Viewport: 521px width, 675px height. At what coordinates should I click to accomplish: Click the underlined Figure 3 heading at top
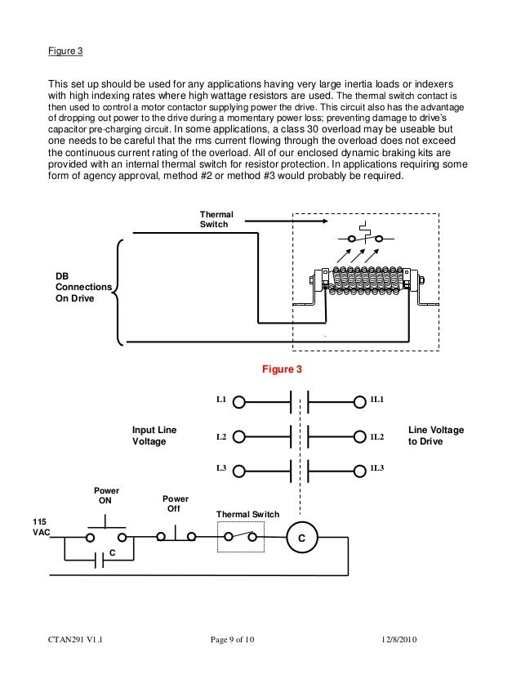65,51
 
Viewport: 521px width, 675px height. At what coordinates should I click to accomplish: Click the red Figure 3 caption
282,370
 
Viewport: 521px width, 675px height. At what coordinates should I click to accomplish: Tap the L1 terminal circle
238,401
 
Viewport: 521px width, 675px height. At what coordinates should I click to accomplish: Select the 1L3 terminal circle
360,470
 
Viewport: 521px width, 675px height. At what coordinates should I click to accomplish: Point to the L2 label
220,437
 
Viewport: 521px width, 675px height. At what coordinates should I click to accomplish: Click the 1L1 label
376,400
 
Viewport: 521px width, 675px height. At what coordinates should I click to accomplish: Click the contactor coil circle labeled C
301,539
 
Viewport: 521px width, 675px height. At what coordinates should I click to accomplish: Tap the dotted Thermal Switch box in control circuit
241,537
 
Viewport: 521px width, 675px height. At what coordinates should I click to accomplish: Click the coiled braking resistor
364,280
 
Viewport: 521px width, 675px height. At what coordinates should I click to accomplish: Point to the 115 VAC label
38,526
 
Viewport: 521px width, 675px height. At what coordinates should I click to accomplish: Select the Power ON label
105,495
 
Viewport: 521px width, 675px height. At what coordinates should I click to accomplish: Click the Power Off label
175,503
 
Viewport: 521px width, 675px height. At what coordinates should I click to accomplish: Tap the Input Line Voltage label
154,436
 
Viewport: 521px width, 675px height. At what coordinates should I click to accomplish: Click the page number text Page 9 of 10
233,639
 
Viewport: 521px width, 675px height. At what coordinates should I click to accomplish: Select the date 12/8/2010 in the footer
399,639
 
